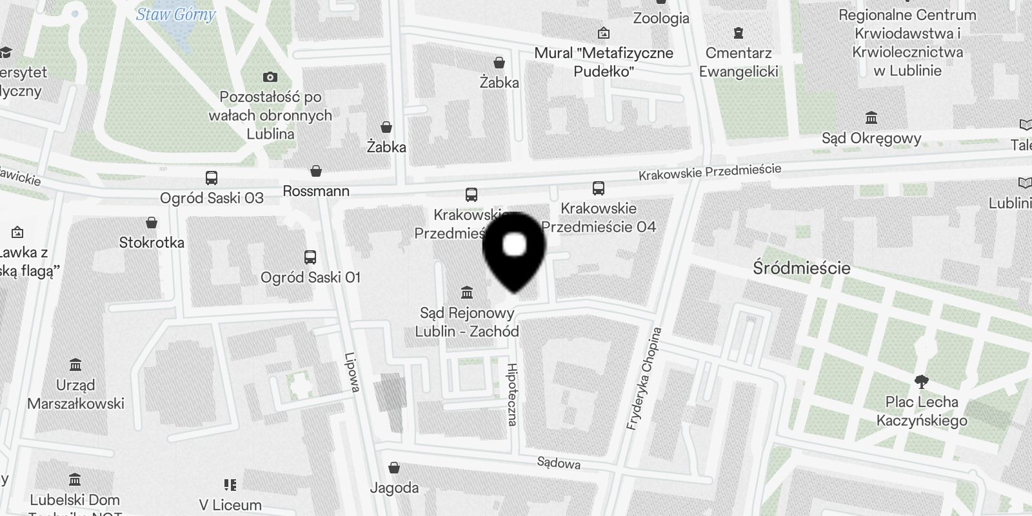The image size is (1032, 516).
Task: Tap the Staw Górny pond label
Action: pos(175,14)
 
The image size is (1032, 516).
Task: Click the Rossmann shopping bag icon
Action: pos(316,171)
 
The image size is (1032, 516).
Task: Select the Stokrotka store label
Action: pos(152,243)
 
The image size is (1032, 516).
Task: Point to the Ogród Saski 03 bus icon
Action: pos(212,177)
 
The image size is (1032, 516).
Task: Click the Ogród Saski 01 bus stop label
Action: pos(310,277)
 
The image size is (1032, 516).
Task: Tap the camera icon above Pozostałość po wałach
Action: pos(270,77)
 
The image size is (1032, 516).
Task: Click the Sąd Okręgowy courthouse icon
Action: pos(871,117)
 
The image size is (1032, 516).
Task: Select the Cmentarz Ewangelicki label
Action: pos(739,62)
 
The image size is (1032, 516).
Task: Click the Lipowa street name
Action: pos(352,372)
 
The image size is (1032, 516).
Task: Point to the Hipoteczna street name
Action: pos(512,394)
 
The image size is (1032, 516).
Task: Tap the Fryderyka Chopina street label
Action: pos(644,379)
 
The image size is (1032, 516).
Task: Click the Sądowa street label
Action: pos(559,462)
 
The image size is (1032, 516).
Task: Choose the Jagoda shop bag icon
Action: pos(394,468)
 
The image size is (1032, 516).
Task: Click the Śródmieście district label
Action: pos(801,268)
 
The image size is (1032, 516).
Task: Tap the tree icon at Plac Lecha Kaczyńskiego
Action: pos(921,381)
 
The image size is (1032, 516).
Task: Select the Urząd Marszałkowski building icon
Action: pos(75,365)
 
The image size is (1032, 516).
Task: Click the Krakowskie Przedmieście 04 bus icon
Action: pos(599,188)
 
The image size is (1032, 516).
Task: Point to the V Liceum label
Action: pos(230,505)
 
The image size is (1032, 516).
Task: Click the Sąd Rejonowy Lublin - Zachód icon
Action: pos(467,293)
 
